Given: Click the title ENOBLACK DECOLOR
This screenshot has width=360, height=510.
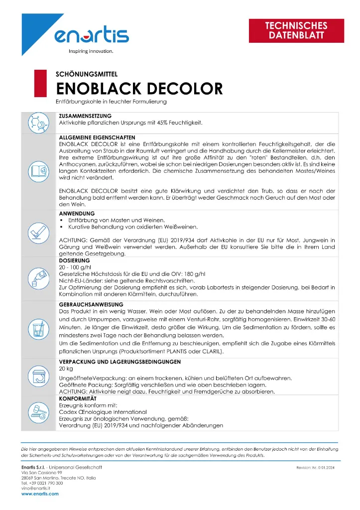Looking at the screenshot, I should tap(139, 89).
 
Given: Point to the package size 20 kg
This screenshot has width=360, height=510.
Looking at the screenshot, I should tap(66, 369).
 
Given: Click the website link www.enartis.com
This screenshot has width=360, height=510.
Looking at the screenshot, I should tap(39, 494).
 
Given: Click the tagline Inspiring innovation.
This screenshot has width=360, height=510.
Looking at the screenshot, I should tap(91, 51).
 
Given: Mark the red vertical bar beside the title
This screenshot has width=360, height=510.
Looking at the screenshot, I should tap(36, 83).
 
